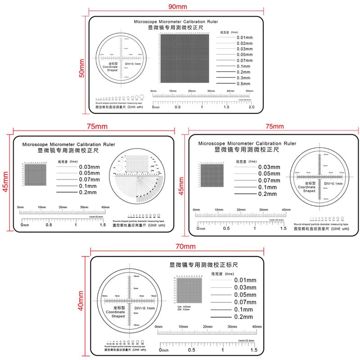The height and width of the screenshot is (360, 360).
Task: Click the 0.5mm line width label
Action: pos(243,84)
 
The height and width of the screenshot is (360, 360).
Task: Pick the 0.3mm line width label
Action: pos(243,78)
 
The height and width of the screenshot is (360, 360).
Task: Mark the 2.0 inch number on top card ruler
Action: pos(252,107)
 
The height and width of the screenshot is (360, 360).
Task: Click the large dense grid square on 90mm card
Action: pos(184,58)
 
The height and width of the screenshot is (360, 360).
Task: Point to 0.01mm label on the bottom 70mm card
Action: pos(245,280)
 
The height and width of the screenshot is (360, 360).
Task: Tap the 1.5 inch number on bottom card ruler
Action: pos(253,350)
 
